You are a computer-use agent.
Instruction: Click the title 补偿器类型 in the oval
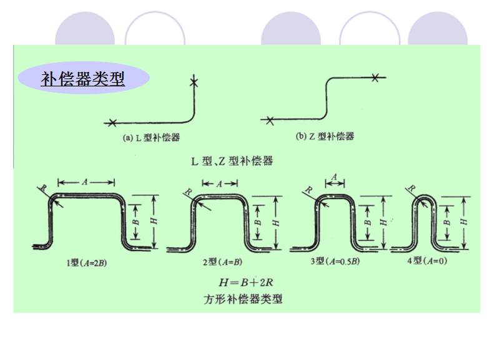[x=83, y=79]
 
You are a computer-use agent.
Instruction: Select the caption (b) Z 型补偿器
[x=324, y=137]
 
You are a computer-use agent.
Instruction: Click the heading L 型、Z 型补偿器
[x=232, y=161]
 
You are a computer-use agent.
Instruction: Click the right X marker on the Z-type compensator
[x=375, y=77]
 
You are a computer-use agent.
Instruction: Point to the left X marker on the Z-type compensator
[x=269, y=119]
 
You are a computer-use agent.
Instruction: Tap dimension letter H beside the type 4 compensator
[x=463, y=221]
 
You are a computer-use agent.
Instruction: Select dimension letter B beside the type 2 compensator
[x=257, y=221]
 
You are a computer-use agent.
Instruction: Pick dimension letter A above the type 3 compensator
[x=334, y=178]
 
